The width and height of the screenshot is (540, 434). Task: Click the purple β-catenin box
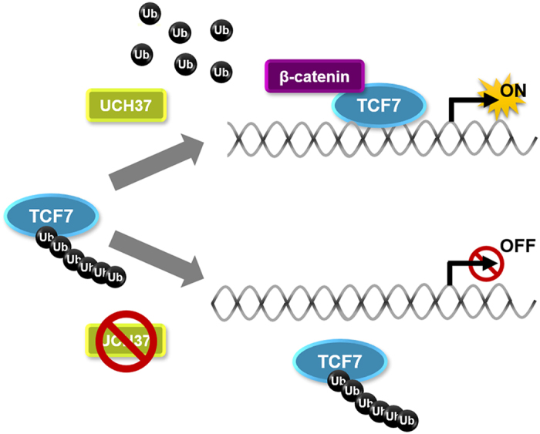314,76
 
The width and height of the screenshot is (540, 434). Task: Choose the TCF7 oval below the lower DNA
339,361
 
